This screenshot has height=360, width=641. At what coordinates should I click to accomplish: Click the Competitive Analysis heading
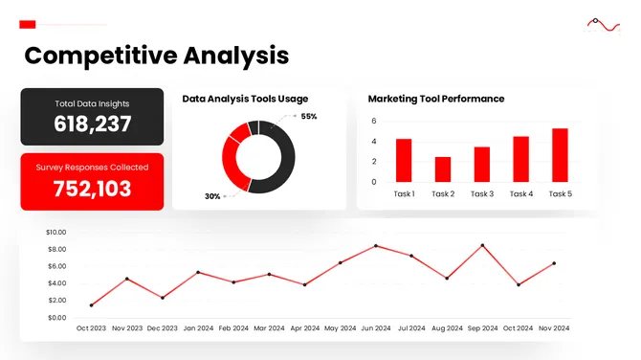[x=156, y=56]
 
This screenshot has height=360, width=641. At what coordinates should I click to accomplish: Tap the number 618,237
[x=93, y=124]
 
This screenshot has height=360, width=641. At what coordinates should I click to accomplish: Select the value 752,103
[x=93, y=189]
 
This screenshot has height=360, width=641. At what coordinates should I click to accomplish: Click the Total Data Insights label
[x=93, y=103]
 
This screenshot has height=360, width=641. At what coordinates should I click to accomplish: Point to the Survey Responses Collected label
[x=93, y=168]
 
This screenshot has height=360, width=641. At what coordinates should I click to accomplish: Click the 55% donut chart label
[x=309, y=117]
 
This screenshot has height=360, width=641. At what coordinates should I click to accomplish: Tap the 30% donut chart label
[x=212, y=196]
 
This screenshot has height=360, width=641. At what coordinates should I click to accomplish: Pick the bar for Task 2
[x=443, y=169]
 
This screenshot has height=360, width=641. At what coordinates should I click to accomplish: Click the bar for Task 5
[x=560, y=155]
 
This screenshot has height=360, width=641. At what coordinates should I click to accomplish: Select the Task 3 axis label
[x=482, y=194]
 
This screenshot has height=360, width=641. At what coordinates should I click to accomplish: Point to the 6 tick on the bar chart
[x=374, y=122]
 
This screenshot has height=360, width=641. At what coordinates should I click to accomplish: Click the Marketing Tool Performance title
[x=436, y=99]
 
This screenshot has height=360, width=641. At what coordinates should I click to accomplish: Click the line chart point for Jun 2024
[x=376, y=246]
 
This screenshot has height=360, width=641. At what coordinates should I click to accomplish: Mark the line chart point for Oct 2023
[x=92, y=305]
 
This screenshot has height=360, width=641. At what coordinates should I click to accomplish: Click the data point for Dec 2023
[x=163, y=298]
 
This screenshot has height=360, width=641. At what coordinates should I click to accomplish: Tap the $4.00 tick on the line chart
[x=56, y=283]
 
